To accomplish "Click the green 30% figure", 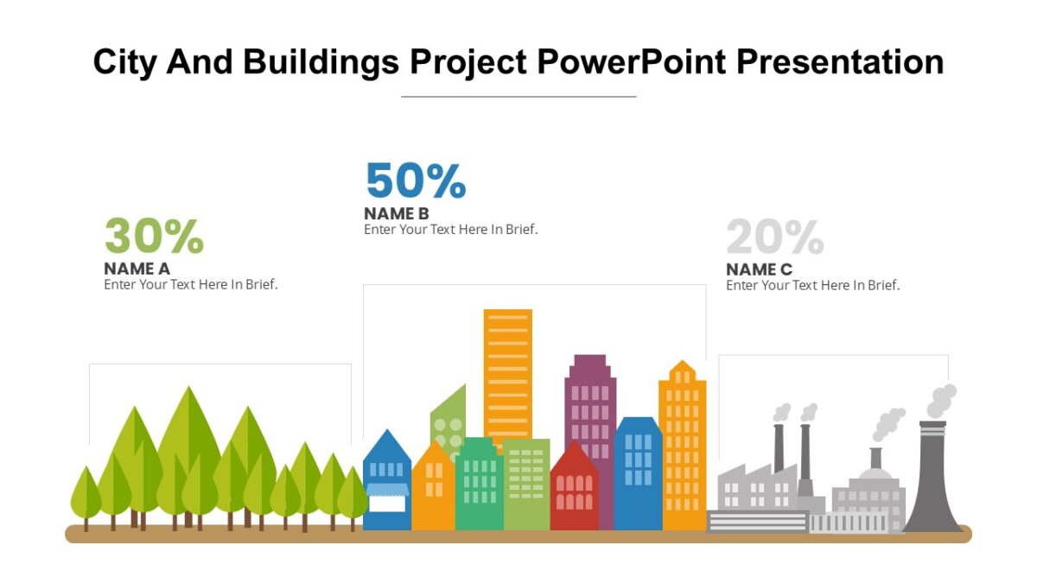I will coord(154,237).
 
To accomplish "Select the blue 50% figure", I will coord(416,181).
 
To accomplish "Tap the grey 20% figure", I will coord(775,237).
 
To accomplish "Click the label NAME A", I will coord(137,269).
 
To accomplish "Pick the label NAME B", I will coord(397,213).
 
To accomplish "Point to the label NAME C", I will coord(759,269).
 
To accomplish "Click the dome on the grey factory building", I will coord(875,474).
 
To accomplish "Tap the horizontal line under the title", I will coord(518,97).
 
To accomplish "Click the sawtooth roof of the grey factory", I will coord(757,475).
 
